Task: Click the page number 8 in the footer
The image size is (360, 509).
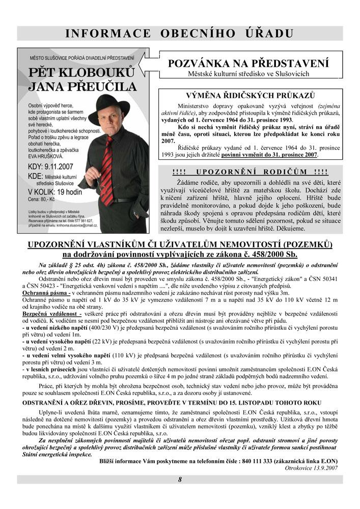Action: (180, 479)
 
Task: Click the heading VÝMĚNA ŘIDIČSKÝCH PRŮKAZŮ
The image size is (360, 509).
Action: (249, 96)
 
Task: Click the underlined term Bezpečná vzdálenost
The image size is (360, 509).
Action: (51, 315)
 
